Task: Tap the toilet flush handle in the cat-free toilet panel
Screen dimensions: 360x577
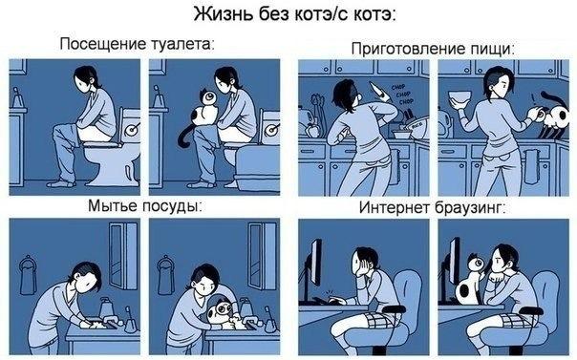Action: pyautogui.click(x=132, y=124)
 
